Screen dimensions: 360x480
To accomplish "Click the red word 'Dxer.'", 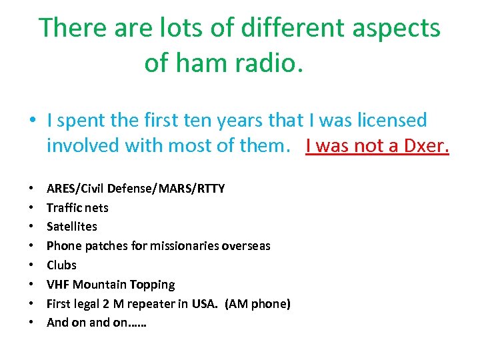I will click(x=422, y=145).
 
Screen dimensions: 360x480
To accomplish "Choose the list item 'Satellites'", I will click(x=72, y=227).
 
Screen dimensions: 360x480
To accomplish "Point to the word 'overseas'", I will click(x=245, y=246).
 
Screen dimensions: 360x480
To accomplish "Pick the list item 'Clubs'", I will click(x=61, y=265).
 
